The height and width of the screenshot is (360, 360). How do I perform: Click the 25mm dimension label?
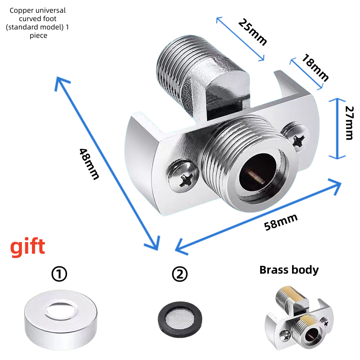point(252,32)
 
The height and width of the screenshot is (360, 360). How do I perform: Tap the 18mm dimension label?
point(315,67)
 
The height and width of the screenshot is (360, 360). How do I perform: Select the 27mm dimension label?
point(350,123)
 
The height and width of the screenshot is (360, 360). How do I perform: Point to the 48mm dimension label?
point(89,164)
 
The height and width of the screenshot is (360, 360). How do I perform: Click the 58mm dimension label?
point(281,222)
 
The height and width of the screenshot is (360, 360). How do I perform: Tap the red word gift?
point(27,247)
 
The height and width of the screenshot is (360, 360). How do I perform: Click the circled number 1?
point(59,274)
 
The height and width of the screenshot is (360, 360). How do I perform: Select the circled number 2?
point(180,274)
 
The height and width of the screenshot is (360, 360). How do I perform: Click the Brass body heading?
point(289,270)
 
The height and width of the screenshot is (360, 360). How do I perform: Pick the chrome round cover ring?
point(61,331)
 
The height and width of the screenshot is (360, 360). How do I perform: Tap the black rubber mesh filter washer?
point(180,319)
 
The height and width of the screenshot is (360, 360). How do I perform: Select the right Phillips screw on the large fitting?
point(296,137)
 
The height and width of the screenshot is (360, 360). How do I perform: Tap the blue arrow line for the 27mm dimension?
point(337,129)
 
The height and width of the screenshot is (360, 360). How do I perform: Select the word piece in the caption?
point(38,36)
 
